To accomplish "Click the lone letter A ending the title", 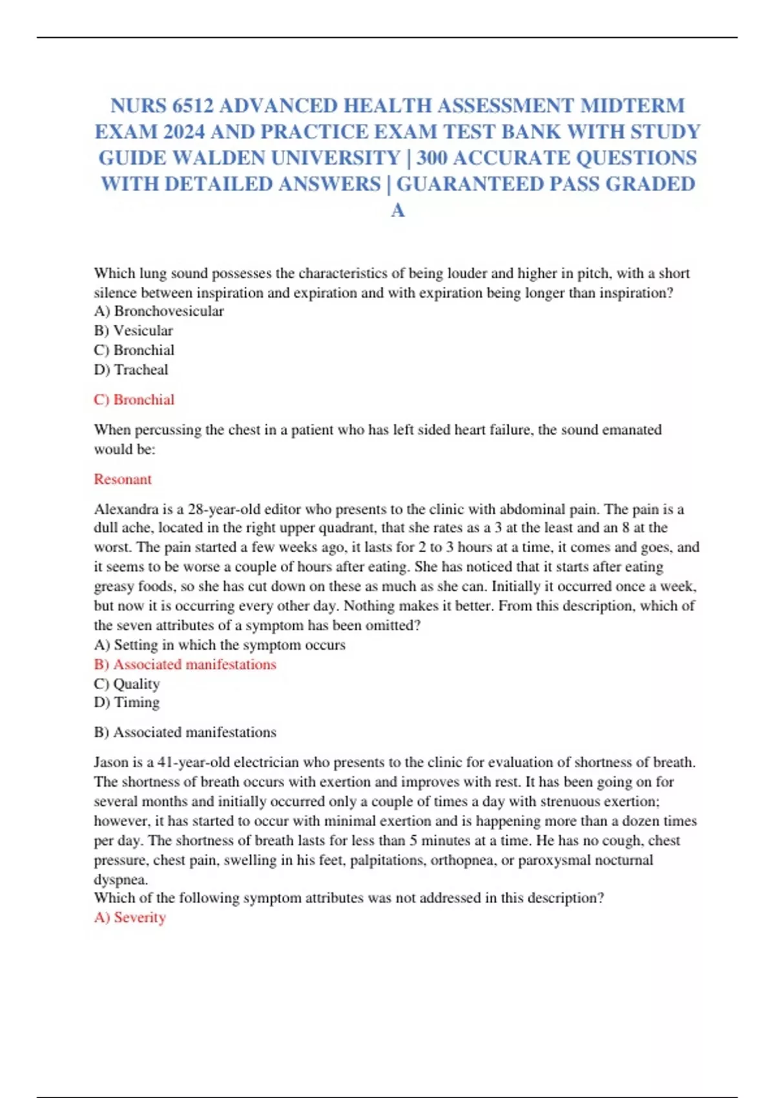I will tap(398, 210).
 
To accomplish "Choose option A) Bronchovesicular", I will tap(159, 311).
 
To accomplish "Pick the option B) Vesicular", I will tap(134, 331).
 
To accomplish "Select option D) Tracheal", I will tap(131, 369).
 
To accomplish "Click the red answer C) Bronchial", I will tap(134, 400).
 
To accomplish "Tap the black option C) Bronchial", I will tap(134, 350).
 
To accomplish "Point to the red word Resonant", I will tap(123, 479).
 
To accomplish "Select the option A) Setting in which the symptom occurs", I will tap(220, 645).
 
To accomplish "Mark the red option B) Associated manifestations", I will tap(185, 664).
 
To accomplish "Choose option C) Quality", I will tap(127, 683).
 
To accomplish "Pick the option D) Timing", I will tap(127, 702).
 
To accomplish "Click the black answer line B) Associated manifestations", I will tap(185, 732).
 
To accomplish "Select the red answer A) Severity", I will tap(130, 917).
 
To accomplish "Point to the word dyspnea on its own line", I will tap(119, 879).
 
